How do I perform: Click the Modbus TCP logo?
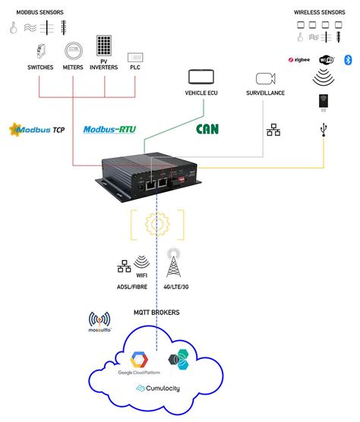[36, 130]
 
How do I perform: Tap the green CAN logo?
[207, 129]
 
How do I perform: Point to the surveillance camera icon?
[264, 78]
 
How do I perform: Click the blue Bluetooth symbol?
[348, 59]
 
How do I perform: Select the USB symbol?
[326, 131]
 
